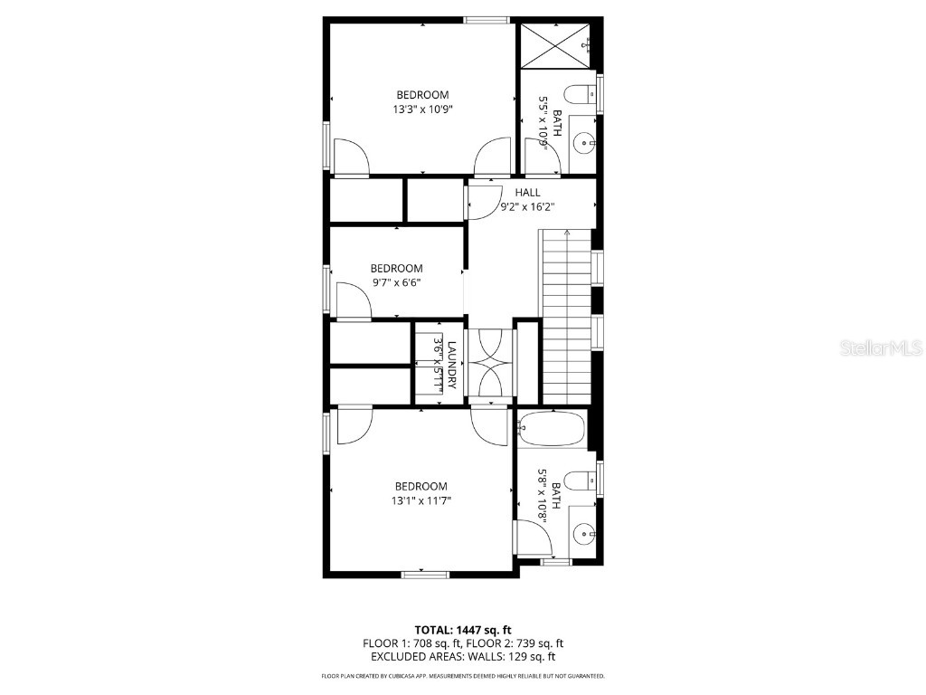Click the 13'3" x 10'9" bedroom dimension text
[422, 109]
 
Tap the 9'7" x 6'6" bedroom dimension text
[396, 282]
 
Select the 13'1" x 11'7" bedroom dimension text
[421, 500]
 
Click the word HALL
[528, 193]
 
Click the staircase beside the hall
[566, 317]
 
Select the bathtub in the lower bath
[553, 429]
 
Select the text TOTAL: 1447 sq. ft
[463, 630]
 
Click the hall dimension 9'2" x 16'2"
[528, 207]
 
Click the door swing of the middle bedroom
[354, 300]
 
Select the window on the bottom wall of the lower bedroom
[425, 573]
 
